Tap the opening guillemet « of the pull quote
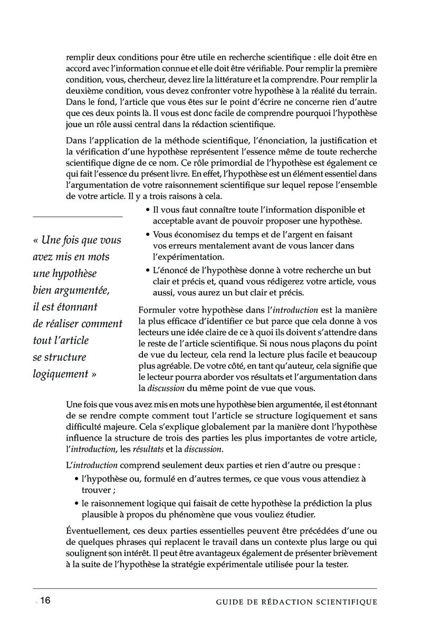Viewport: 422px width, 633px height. coord(35,240)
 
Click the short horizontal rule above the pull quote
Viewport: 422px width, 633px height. coord(78,217)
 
